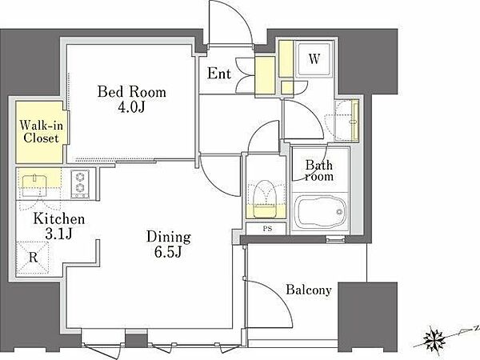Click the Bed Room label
pos(132,92)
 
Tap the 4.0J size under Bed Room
pos(131,107)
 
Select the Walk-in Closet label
pos(41,132)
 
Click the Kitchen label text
pos(58,219)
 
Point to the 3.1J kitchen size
pos(58,234)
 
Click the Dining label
pos(169,238)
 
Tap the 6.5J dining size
pos(168,252)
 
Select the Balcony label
pos(309,290)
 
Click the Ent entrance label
pos(219,74)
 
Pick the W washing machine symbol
pos(314,58)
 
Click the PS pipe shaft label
pos(267,229)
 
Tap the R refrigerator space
pos(33,258)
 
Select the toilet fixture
pos(266,199)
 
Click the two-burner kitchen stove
pos(80,184)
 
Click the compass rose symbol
pos(434,339)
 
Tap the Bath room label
pos(319,170)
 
